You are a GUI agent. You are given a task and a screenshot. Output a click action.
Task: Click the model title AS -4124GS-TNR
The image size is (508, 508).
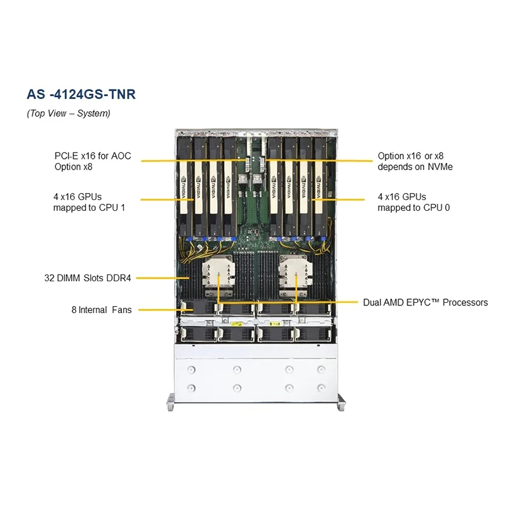tap(81, 95)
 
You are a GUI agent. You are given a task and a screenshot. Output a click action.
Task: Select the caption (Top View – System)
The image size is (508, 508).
tap(69, 114)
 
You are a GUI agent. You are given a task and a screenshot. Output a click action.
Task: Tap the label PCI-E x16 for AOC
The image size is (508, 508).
tap(92, 156)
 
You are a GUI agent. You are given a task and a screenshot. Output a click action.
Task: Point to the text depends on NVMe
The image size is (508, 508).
tap(415, 167)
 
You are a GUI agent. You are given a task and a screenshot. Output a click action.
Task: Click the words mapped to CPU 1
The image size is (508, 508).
tap(89, 208)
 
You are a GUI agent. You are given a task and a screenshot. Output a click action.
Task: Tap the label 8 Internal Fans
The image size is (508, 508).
tap(102, 311)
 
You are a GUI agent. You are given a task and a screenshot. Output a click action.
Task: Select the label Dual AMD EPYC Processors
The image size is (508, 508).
tap(425, 303)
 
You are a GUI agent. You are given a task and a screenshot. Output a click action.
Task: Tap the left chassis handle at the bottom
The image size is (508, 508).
tap(170, 401)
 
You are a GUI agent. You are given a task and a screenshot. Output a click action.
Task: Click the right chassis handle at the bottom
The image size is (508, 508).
tap(342, 401)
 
